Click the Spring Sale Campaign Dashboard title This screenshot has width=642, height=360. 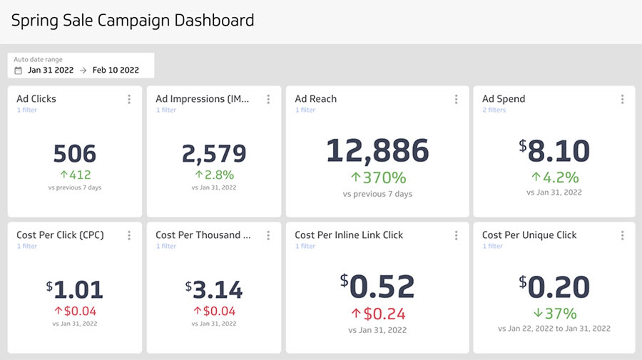[x=132, y=21]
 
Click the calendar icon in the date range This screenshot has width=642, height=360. [x=18, y=71]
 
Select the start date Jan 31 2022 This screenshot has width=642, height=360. [x=50, y=70]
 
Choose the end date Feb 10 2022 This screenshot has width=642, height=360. [x=115, y=70]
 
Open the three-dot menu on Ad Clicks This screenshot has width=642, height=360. [x=129, y=99]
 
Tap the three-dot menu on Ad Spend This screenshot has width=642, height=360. [x=622, y=99]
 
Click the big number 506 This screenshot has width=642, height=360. [x=75, y=153]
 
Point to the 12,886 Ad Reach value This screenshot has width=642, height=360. [x=377, y=151]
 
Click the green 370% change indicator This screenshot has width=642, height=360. [x=379, y=177]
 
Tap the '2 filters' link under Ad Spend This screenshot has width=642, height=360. [x=494, y=110]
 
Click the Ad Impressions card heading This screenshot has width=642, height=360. [x=202, y=99]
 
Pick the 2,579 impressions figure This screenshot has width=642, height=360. [x=214, y=153]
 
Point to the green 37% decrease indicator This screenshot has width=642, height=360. [x=555, y=314]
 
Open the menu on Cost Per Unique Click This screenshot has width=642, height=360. [x=622, y=236]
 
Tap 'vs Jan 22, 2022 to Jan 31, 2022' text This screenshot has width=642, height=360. [x=554, y=329]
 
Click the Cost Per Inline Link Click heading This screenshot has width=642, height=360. [x=349, y=235]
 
